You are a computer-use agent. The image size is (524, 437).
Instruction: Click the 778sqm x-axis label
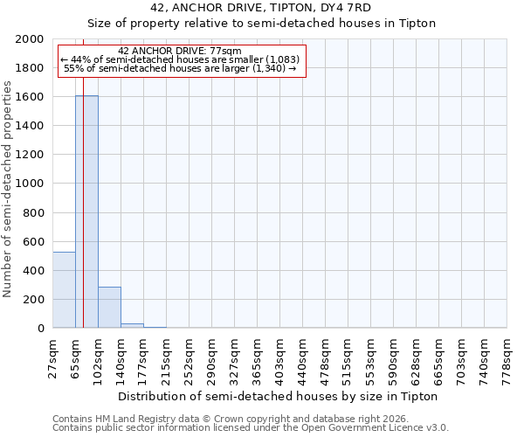click(507, 358)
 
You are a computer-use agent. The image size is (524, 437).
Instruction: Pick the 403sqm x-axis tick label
click(280, 358)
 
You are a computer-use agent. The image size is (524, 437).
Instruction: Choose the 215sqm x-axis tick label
click(167, 358)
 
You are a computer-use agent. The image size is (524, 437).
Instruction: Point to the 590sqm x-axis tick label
click(394, 358)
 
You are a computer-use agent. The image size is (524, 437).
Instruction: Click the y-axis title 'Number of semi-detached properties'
click(8, 184)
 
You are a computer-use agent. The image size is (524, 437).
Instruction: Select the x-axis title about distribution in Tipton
click(279, 396)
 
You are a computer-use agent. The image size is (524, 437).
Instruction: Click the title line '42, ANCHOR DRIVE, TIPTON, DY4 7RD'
click(261, 8)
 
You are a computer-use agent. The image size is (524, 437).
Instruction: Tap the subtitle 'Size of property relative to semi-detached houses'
click(261, 23)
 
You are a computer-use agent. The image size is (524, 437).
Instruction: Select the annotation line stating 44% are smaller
click(180, 59)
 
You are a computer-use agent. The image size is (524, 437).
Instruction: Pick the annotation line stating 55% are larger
click(180, 68)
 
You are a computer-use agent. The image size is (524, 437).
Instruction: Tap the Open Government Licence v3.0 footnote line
click(251, 428)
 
